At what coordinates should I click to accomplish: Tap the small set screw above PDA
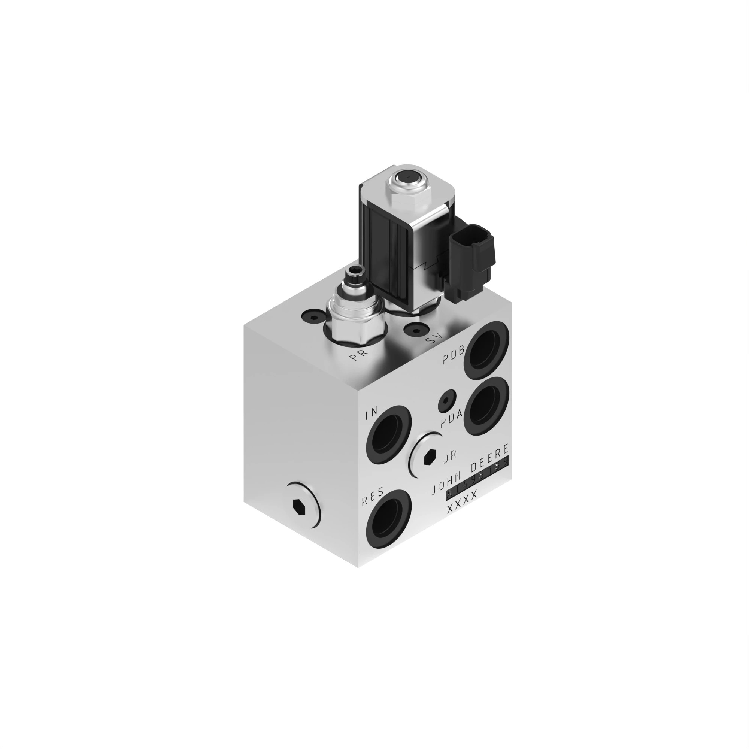pyautogui.click(x=447, y=401)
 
